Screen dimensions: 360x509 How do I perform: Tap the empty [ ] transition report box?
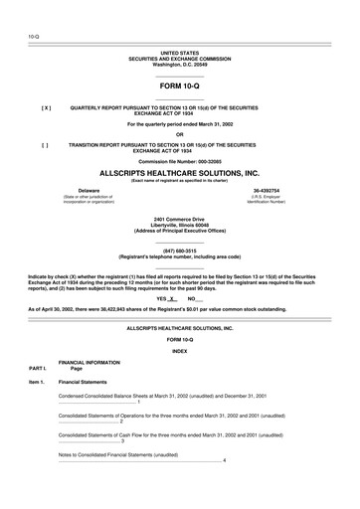click(46, 143)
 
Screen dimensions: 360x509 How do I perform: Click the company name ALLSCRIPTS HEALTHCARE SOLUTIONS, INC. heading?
click(180, 171)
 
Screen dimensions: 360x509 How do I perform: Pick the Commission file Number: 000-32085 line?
click(180, 160)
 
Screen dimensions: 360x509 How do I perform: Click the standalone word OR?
click(180, 134)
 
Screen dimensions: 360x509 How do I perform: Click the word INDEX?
click(180, 351)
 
